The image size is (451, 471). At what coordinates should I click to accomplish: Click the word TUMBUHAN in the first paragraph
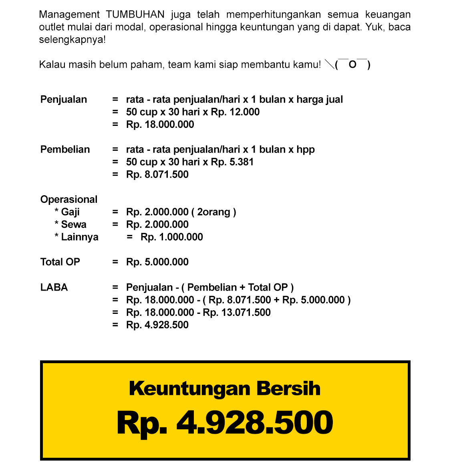(135, 15)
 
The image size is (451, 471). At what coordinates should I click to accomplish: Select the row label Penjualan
(64, 99)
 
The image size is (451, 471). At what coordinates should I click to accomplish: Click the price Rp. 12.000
(235, 112)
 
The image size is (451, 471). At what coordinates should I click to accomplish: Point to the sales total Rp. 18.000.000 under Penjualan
(160, 124)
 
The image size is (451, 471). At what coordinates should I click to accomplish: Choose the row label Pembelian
(65, 150)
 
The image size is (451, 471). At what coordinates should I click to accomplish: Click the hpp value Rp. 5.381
(232, 162)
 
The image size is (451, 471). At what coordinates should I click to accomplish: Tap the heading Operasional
(69, 199)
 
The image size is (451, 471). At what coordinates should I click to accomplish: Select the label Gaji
(70, 212)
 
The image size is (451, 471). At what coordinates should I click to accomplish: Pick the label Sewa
(73, 224)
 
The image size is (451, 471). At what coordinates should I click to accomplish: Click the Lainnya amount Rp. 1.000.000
(171, 237)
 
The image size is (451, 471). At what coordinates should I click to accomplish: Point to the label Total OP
(60, 262)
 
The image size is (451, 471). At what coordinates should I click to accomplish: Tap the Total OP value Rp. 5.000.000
(157, 262)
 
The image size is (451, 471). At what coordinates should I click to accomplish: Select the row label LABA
(54, 287)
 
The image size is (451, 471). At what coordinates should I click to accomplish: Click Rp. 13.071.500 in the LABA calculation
(237, 312)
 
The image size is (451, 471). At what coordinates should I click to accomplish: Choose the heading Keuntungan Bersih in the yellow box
(225, 388)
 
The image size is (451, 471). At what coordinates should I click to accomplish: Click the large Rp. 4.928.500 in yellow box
(225, 422)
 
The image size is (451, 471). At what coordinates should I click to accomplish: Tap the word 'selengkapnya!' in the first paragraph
(72, 40)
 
